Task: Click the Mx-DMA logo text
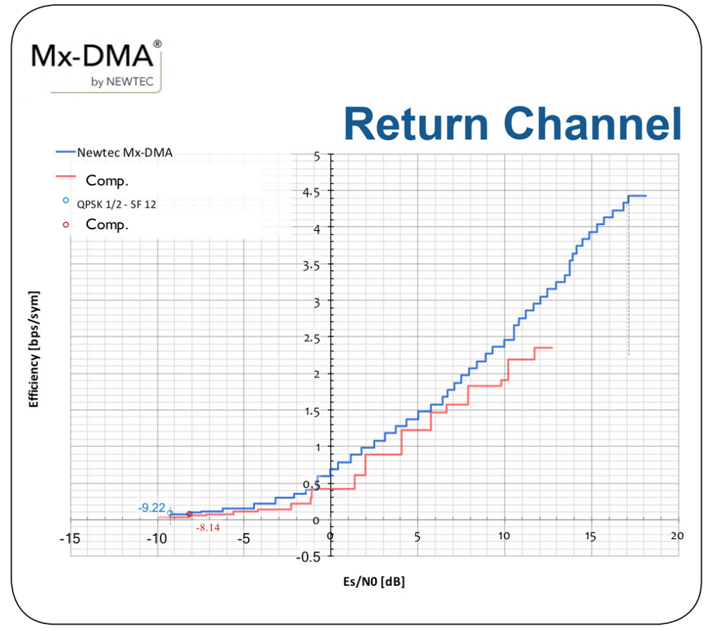[92, 56]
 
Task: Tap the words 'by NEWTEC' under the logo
[122, 82]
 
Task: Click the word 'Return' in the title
[416, 124]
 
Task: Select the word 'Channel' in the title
[593, 124]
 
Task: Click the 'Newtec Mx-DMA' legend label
[124, 153]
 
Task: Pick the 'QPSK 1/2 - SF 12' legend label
[117, 204]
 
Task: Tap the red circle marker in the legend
[66, 224]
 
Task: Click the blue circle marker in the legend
[66, 200]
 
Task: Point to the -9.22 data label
[151, 508]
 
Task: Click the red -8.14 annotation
[208, 527]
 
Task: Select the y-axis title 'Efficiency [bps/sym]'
[33, 349]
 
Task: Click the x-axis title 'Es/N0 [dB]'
[374, 582]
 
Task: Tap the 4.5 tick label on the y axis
[311, 193]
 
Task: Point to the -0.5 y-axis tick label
[308, 557]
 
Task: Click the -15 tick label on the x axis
[69, 539]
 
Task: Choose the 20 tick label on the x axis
[677, 536]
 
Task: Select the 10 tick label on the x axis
[504, 536]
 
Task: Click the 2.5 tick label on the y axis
[311, 338]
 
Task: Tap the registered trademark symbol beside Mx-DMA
[157, 44]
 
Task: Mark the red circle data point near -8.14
[189, 514]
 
